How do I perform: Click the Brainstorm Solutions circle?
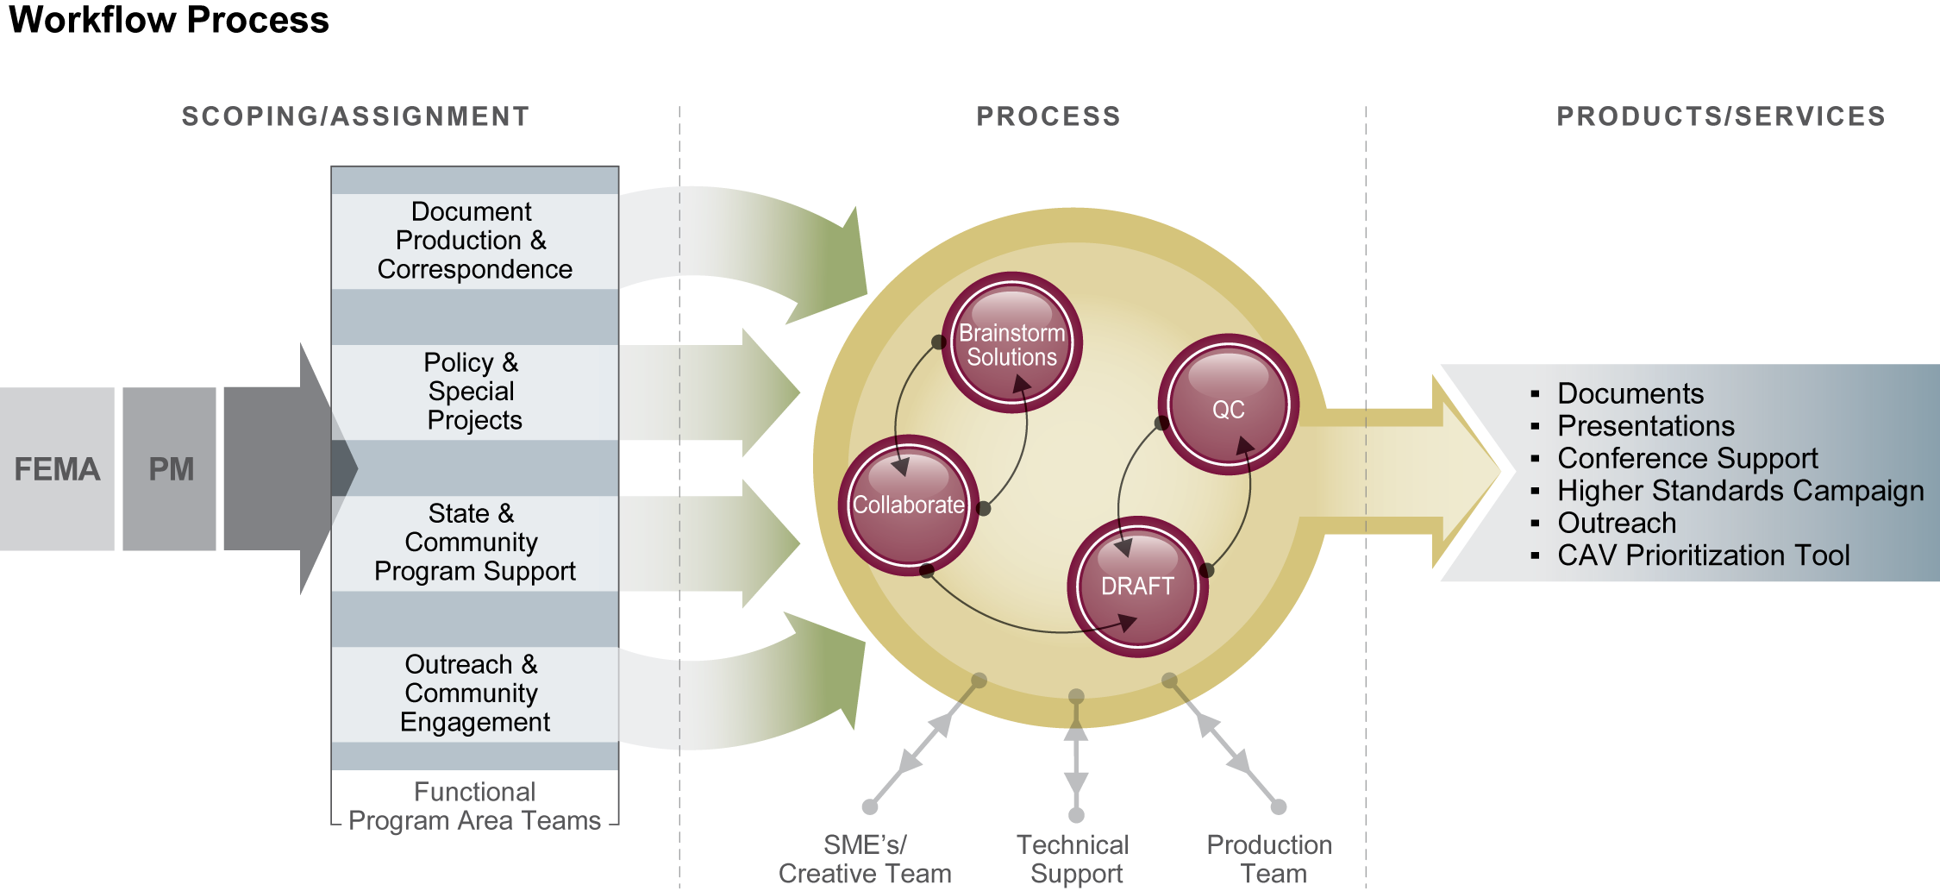(x=1011, y=343)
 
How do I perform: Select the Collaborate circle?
(x=908, y=505)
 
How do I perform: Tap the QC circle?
(x=1228, y=405)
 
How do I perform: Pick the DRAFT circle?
(x=1137, y=587)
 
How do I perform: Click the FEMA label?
(x=57, y=469)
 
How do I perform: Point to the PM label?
(x=171, y=469)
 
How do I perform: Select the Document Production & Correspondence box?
(x=474, y=241)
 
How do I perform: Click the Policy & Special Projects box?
(x=474, y=392)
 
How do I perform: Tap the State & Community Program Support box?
(x=474, y=543)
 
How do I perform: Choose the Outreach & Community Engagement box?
(x=474, y=693)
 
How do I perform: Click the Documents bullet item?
(x=1630, y=393)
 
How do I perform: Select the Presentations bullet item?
(x=1645, y=426)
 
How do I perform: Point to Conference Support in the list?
(x=1687, y=458)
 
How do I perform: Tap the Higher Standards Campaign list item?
(x=1740, y=491)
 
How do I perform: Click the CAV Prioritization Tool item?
(x=1703, y=555)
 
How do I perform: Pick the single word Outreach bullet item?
(x=1617, y=523)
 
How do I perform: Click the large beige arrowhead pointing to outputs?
(x=1474, y=470)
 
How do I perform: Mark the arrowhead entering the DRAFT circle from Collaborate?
(x=1126, y=622)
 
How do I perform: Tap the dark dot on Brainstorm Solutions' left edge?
(x=939, y=342)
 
